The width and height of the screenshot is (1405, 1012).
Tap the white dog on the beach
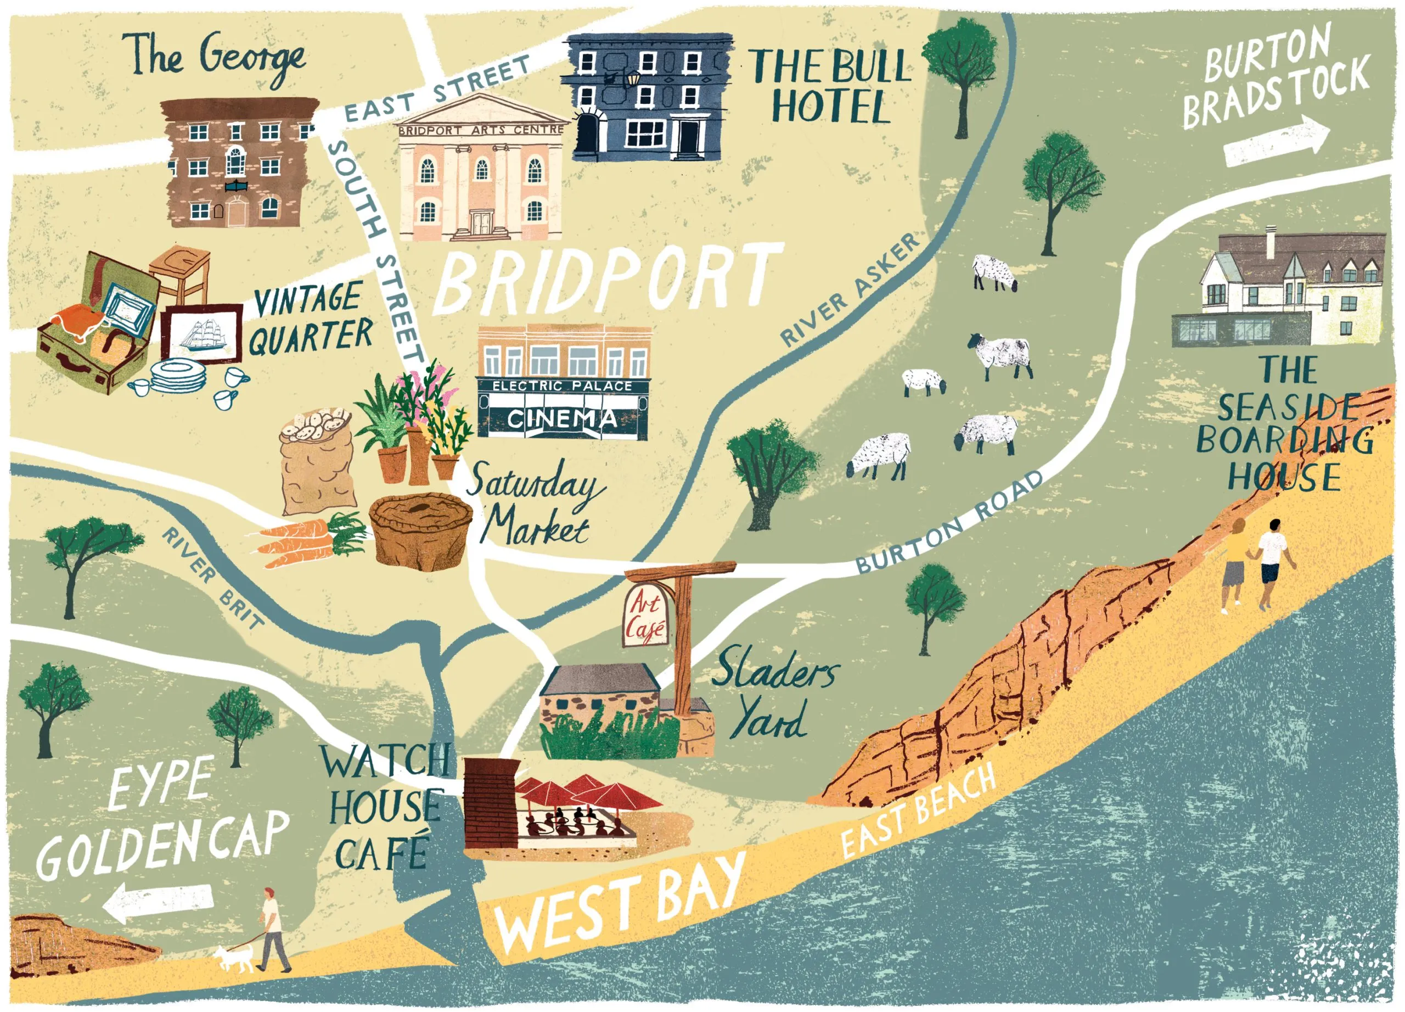click(235, 959)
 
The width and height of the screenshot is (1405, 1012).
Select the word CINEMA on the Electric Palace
click(562, 420)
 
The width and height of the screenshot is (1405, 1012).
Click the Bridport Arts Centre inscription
click(481, 130)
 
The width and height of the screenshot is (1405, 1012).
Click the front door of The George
click(236, 213)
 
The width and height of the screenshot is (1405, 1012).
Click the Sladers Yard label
click(774, 694)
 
